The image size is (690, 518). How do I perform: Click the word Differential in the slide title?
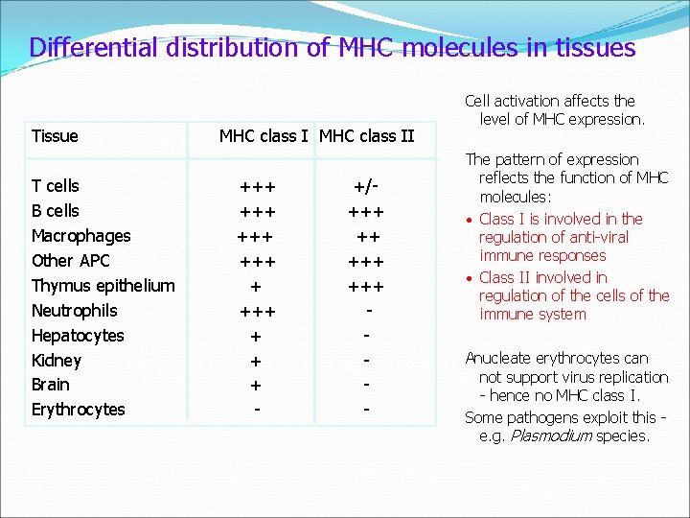86,48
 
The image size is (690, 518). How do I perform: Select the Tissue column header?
55,136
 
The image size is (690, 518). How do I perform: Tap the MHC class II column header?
366,136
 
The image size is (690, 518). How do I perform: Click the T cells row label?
56,186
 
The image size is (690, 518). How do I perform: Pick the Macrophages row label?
81,236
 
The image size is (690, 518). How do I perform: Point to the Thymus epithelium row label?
103,286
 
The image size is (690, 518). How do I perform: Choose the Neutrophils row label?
75,311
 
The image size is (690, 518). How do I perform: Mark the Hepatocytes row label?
78,336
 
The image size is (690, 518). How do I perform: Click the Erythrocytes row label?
79,410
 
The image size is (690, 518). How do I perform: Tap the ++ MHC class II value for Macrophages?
366,236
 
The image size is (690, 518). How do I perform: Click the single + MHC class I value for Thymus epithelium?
256,286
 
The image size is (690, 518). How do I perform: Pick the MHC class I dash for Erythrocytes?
256,410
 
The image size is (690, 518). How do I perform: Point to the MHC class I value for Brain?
256,385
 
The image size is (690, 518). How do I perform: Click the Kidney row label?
57,361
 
